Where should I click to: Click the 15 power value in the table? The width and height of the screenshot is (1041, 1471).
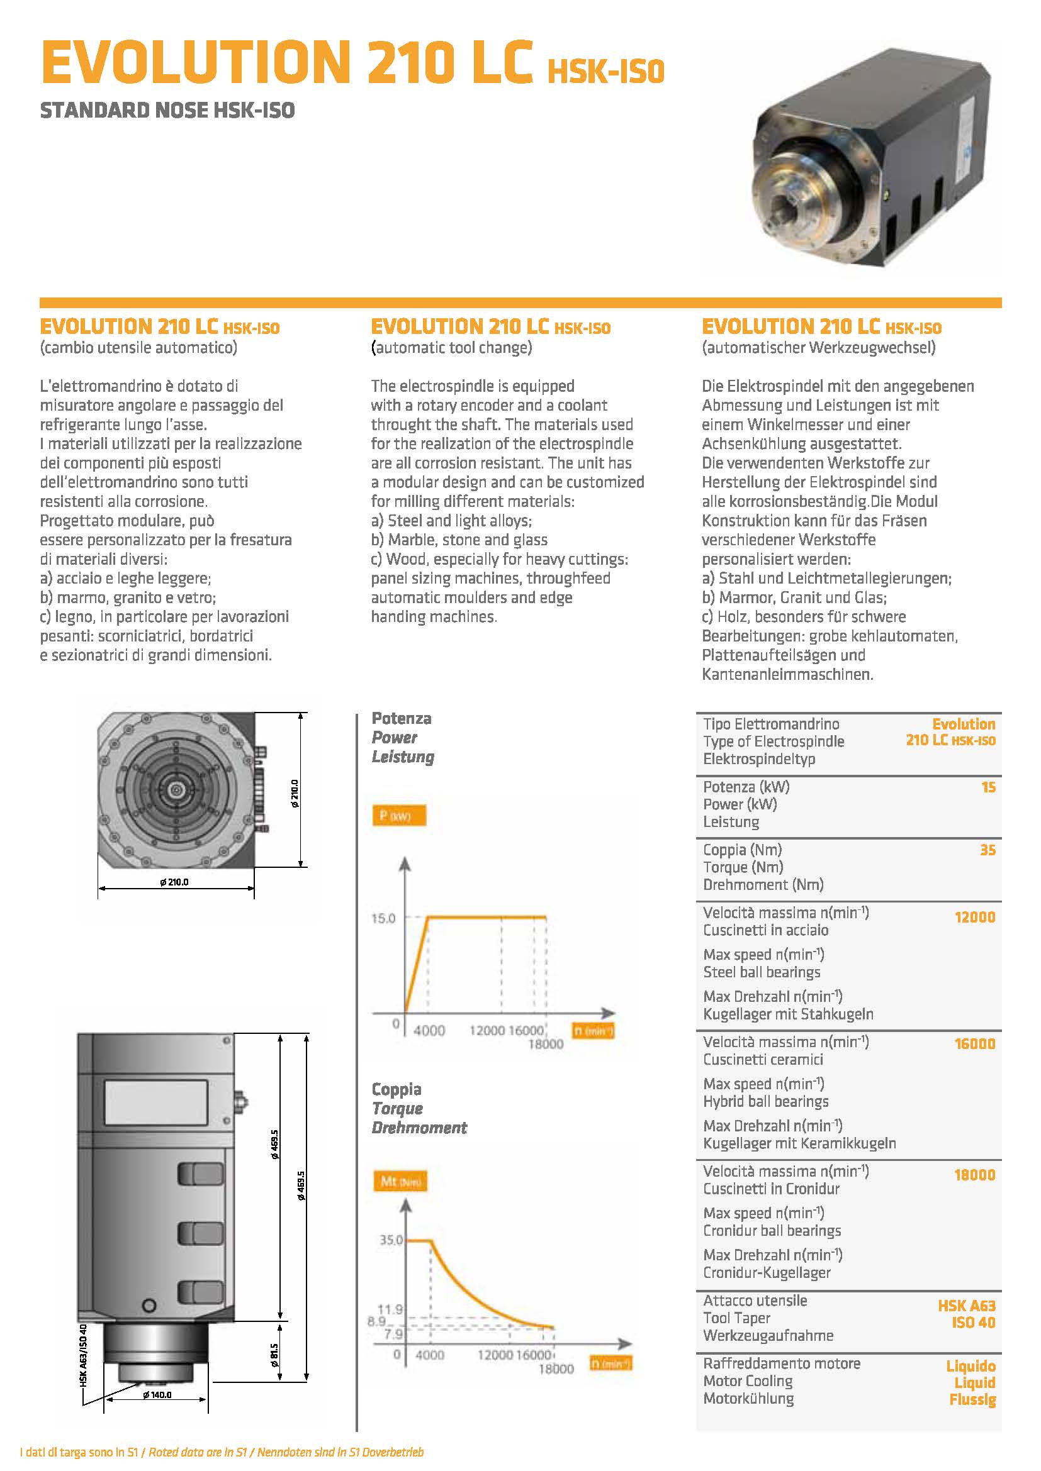(x=988, y=787)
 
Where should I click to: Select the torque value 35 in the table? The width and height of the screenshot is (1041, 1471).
(x=987, y=850)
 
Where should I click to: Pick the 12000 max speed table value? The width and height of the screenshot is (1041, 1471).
(x=974, y=917)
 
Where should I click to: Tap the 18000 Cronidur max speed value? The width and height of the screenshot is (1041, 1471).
(x=974, y=1174)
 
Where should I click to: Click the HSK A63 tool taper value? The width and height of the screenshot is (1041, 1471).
(x=966, y=1305)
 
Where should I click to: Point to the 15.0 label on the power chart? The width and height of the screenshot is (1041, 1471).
(x=383, y=918)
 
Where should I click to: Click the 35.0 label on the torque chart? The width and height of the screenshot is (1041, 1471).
(x=391, y=1240)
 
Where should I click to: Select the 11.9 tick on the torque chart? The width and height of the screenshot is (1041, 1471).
(x=390, y=1309)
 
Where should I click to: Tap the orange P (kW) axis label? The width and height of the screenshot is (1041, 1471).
(x=398, y=816)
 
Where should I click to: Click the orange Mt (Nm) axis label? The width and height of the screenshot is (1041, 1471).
(x=400, y=1181)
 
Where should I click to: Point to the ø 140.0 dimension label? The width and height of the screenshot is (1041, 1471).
(x=157, y=1395)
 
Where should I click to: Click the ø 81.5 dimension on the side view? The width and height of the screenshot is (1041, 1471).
(x=274, y=1355)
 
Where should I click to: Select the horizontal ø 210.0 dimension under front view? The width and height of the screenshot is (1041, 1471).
(x=174, y=882)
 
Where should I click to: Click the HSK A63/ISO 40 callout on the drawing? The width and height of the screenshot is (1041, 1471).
(x=83, y=1355)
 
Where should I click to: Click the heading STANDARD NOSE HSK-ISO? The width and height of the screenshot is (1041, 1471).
(x=167, y=110)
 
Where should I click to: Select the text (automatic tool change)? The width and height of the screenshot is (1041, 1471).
(x=451, y=348)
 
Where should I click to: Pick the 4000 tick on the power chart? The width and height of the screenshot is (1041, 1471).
(x=429, y=1030)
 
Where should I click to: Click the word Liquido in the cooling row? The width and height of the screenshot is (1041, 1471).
(x=971, y=1366)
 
